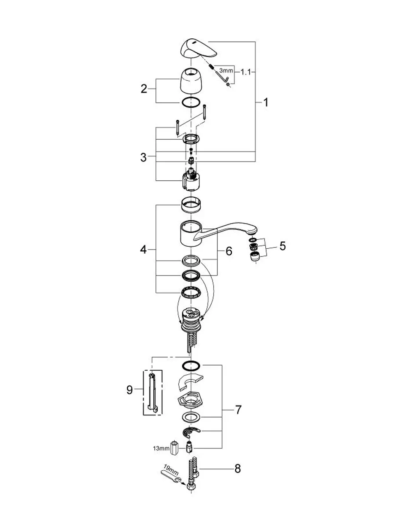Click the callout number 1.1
pos(246,72)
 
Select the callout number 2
pos(144,89)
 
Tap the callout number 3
pos(143,158)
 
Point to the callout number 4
pos(143,250)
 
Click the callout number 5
pos(283,246)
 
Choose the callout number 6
pos(229,251)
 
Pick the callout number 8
pos(238,469)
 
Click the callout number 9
pos(129,390)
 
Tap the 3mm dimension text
pos(226,71)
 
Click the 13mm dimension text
pos(161,448)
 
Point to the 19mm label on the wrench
pos(171,469)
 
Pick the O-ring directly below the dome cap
pos(191,103)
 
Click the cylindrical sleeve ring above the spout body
pos(191,205)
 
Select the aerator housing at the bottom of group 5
pos(255,257)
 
